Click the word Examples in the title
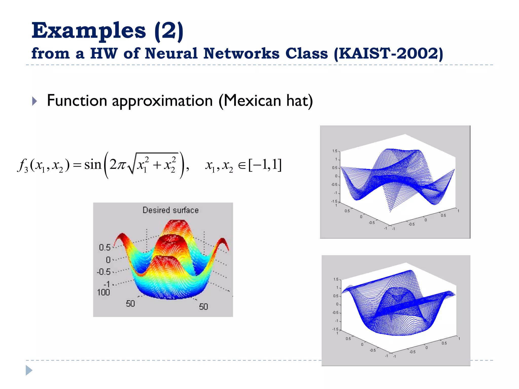88,31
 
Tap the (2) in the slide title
169,31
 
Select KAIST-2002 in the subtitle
388,53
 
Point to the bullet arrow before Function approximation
35,101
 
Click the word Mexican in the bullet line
252,101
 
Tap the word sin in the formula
93,165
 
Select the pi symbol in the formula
121,165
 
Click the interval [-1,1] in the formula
265,165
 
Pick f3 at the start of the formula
23,166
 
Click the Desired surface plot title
171,210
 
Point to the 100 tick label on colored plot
103,292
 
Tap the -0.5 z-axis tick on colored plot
104,272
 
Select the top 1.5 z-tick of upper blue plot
335,151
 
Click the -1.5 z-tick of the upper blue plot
334,201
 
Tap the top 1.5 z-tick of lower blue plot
336,279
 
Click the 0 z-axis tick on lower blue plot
337,304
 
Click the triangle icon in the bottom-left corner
29,370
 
